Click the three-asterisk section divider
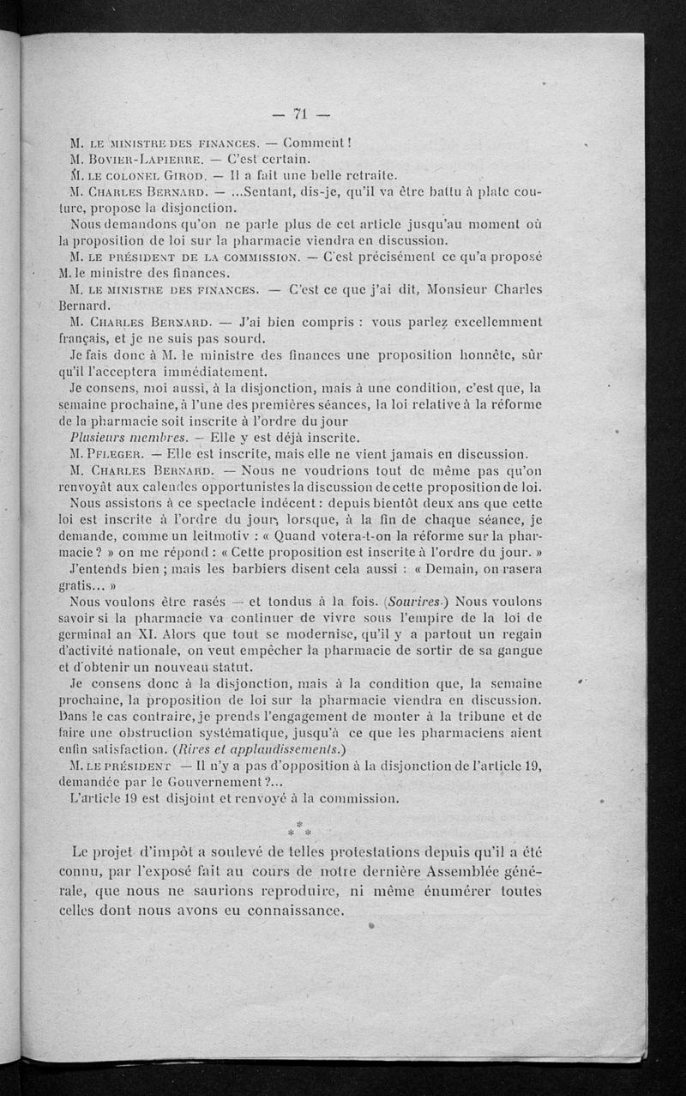300,829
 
